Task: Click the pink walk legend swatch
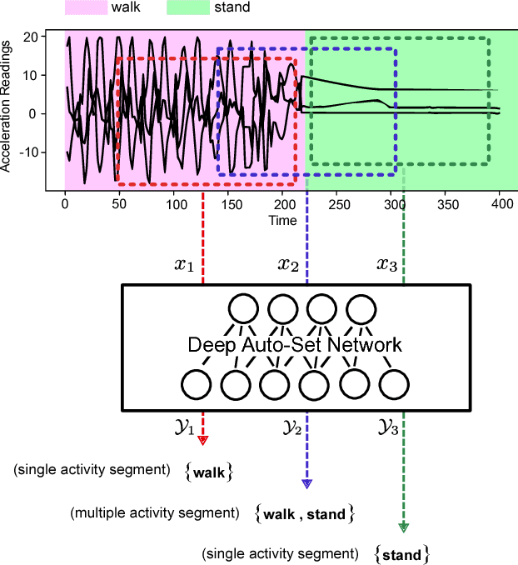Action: (x=86, y=7)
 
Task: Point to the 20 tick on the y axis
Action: (x=52, y=37)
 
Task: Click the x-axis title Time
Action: (x=282, y=221)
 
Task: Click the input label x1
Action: (x=183, y=266)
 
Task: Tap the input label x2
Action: (x=287, y=266)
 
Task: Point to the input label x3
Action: (x=386, y=266)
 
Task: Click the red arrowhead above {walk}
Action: (x=203, y=438)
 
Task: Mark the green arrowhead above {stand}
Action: (x=404, y=527)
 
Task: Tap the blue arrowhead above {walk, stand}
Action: (x=306, y=482)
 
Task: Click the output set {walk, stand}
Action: (x=304, y=514)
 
